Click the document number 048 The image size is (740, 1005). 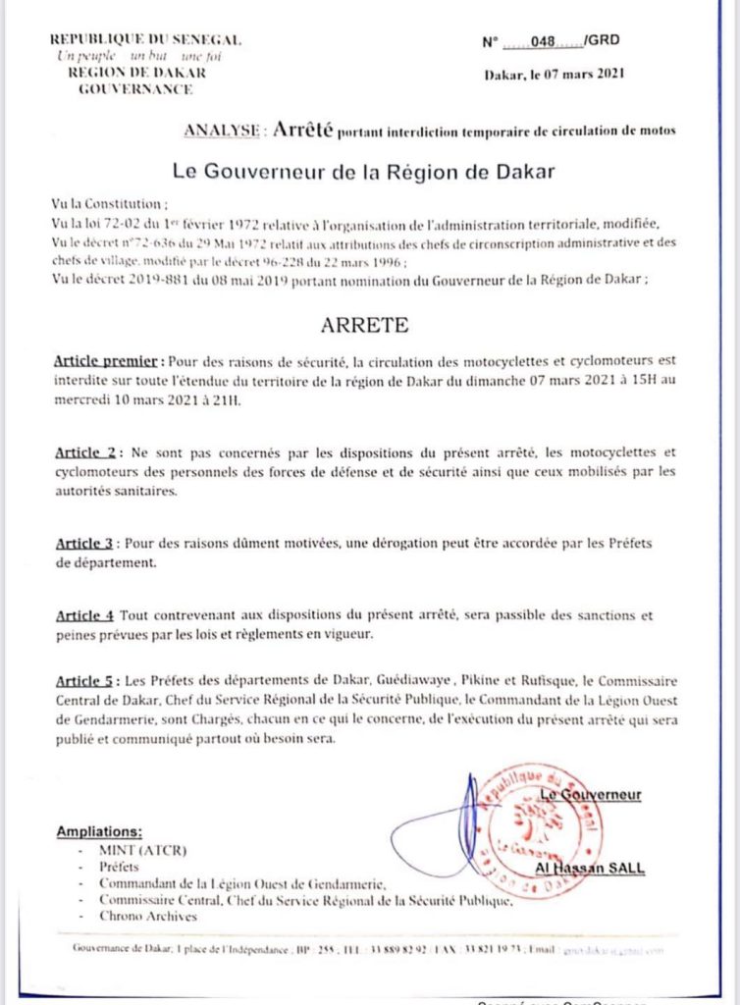click(543, 42)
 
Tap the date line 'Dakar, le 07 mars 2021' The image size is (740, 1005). click(555, 74)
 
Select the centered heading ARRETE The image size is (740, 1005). click(364, 324)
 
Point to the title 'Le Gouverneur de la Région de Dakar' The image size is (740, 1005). click(364, 172)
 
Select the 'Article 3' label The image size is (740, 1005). click(86, 543)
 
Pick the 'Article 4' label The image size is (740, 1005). click(83, 615)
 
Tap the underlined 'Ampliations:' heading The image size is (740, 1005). click(99, 831)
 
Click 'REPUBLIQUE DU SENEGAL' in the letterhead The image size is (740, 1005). click(145, 40)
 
